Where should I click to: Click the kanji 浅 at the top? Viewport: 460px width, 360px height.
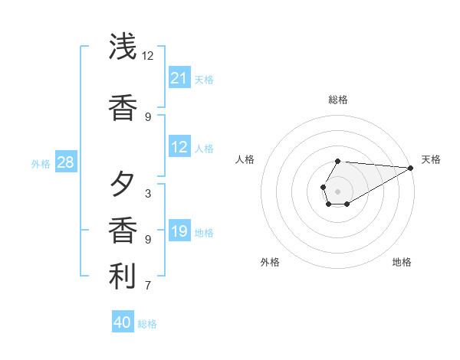tap(123, 47)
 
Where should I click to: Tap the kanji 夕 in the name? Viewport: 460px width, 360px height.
tap(123, 185)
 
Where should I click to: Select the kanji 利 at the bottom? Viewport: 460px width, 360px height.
tap(123, 277)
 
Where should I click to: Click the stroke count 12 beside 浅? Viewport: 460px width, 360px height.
tap(148, 56)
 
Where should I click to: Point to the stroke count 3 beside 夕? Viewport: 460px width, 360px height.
tap(148, 194)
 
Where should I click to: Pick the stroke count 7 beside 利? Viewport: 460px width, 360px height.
tap(148, 286)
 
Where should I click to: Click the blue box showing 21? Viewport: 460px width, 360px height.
tap(179, 78)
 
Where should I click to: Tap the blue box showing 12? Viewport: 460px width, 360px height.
tap(179, 147)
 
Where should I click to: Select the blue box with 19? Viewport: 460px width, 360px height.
tap(179, 231)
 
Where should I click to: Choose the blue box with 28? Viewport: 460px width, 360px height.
tap(65, 162)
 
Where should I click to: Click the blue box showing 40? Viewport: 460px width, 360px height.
tap(123, 322)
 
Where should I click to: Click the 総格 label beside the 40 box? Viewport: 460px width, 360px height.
tap(147, 324)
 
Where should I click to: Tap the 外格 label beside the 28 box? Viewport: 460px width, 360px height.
tap(41, 163)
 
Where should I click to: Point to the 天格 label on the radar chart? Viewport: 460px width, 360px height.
tap(431, 159)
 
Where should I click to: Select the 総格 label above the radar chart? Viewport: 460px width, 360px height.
tap(338, 100)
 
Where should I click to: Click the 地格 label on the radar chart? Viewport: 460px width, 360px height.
tap(402, 262)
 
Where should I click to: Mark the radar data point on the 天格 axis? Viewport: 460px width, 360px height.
tap(411, 168)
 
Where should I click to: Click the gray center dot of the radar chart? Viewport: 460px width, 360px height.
tap(338, 191)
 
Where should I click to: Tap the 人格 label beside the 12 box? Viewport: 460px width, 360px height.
tap(204, 148)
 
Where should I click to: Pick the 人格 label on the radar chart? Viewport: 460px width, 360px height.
tap(245, 159)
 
